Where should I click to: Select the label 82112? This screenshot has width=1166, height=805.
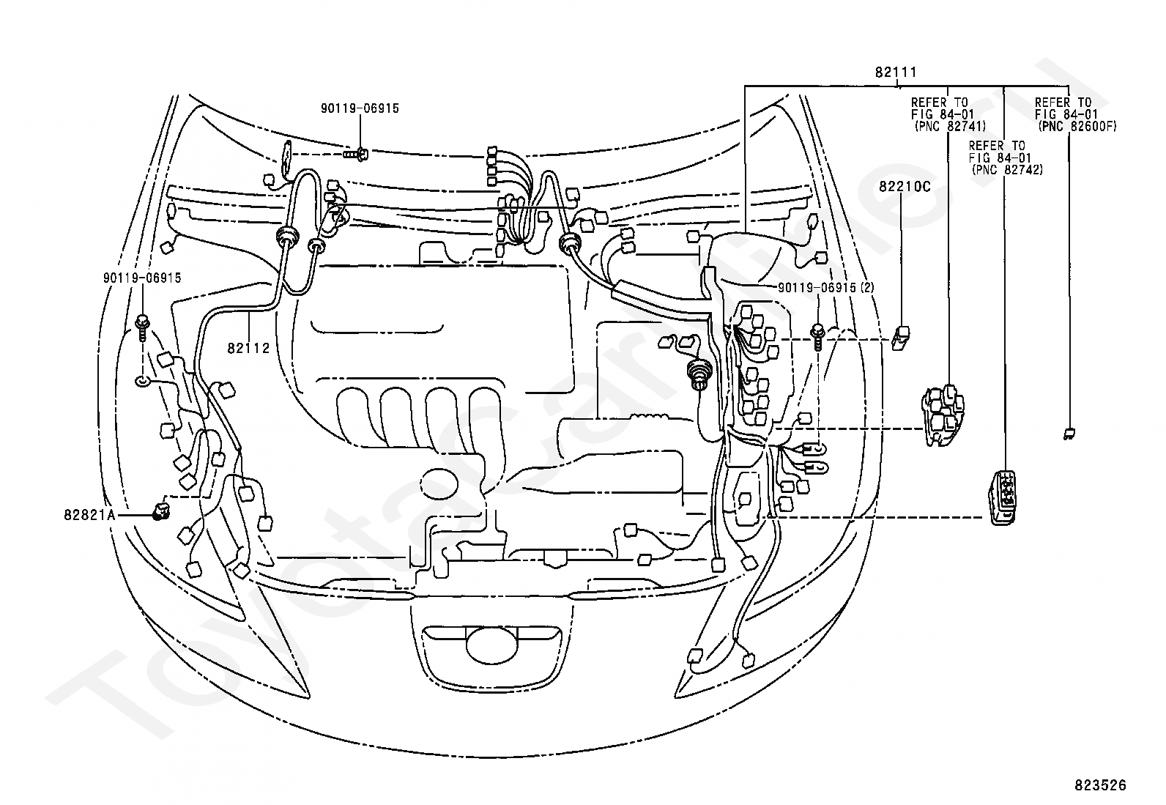pyautogui.click(x=248, y=349)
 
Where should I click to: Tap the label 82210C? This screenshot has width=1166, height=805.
pyautogui.click(x=904, y=187)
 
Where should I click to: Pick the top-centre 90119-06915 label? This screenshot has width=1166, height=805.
pyautogui.click(x=360, y=108)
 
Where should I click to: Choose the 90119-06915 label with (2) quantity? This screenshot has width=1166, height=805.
pyautogui.click(x=825, y=288)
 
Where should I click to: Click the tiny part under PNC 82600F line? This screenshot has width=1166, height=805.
pyautogui.click(x=1069, y=433)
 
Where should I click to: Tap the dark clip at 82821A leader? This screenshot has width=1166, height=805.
pyautogui.click(x=160, y=511)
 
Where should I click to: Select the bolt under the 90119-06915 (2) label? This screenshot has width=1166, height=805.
pyautogui.click(x=817, y=335)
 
